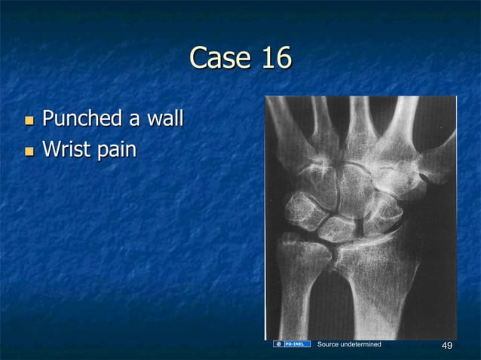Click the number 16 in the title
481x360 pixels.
click(x=273, y=58)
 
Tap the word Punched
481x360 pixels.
click(x=82, y=119)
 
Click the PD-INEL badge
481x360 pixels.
click(x=293, y=344)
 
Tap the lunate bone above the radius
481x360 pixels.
click(x=338, y=227)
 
